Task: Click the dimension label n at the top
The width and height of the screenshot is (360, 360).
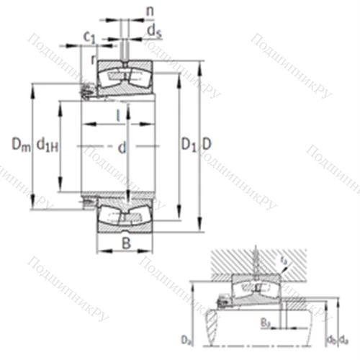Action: (x=149, y=12)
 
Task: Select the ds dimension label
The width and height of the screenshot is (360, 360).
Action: (x=153, y=30)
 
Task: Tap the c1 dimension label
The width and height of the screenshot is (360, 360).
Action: (x=89, y=36)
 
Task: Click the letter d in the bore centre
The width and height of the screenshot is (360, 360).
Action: (x=122, y=148)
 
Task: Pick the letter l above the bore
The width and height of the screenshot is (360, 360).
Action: (x=118, y=113)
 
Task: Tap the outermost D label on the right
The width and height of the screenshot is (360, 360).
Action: (x=207, y=145)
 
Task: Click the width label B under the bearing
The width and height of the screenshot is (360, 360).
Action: (x=126, y=243)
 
